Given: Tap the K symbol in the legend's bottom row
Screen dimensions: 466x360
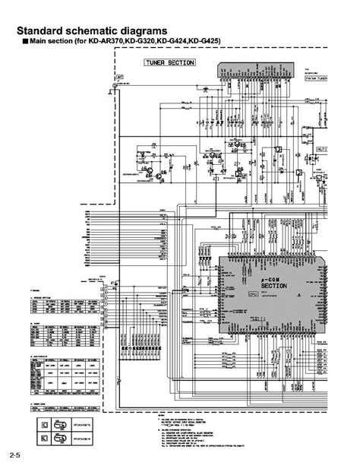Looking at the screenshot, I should tap(45, 437).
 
